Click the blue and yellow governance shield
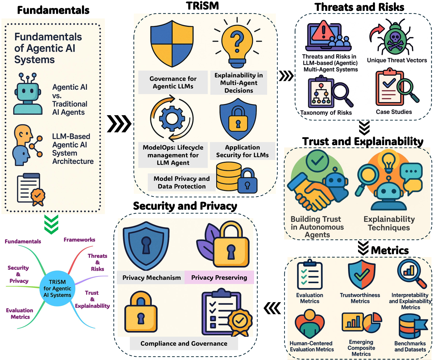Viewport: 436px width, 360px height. pyautogui.click(x=172, y=44)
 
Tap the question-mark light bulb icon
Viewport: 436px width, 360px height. pyautogui.click(x=237, y=42)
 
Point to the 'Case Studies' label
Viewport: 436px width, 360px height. pyautogui.click(x=394, y=112)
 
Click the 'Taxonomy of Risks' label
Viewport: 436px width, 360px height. pyautogui.click(x=326, y=113)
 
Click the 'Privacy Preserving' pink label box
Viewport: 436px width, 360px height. pyautogui.click(x=219, y=277)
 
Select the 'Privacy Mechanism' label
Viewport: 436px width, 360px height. pyautogui.click(x=151, y=278)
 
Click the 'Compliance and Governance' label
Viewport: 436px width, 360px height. pyautogui.click(x=184, y=344)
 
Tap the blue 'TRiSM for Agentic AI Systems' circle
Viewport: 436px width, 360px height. pyautogui.click(x=57, y=288)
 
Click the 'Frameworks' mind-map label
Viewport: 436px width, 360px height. pyautogui.click(x=79, y=240)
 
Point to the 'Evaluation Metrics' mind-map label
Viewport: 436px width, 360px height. pyautogui.click(x=20, y=314)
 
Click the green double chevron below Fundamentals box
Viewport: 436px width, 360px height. pyautogui.click(x=51, y=224)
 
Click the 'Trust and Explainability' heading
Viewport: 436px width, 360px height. pyautogui.click(x=363, y=141)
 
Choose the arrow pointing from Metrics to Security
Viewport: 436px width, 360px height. pyautogui.click(x=272, y=308)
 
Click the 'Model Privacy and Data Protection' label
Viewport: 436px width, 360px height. pyautogui.click(x=182, y=182)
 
